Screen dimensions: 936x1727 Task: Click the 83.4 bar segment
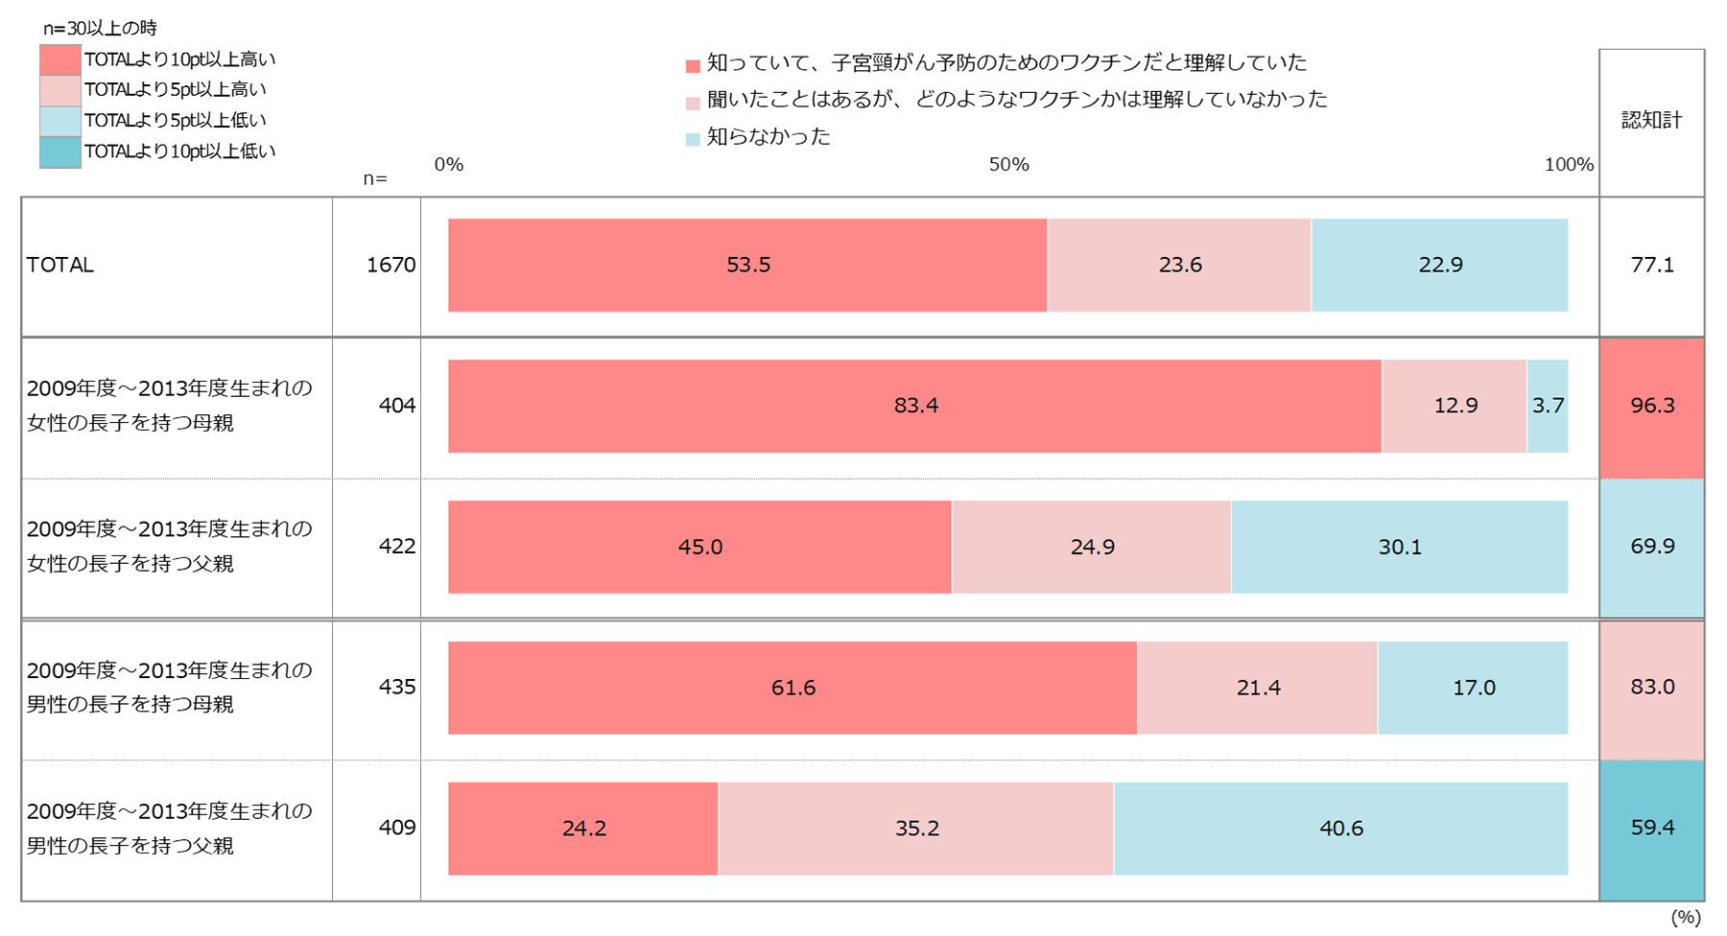914,406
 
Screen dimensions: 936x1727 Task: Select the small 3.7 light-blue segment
1547,406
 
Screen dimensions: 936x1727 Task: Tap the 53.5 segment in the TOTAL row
747,265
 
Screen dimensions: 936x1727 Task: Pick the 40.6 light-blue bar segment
1340,829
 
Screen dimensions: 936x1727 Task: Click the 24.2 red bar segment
583,829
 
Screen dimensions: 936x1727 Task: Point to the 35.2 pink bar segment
916,829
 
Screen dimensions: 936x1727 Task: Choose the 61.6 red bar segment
793,688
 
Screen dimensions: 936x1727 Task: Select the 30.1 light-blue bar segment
1399,547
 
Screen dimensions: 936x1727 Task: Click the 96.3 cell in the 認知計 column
1652,406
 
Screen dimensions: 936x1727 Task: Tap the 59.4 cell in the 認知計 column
1652,828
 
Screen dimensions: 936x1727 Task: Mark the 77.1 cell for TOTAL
1652,265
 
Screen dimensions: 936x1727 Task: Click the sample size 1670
390,265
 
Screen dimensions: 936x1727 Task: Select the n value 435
396,687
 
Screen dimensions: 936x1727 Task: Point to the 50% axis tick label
1008,165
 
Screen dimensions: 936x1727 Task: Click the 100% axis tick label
1569,165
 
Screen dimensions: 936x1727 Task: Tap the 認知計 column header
1652,120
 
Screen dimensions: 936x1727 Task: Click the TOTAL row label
60,265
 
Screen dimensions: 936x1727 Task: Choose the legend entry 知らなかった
769,137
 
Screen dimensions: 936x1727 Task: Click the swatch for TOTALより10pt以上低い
60,152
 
